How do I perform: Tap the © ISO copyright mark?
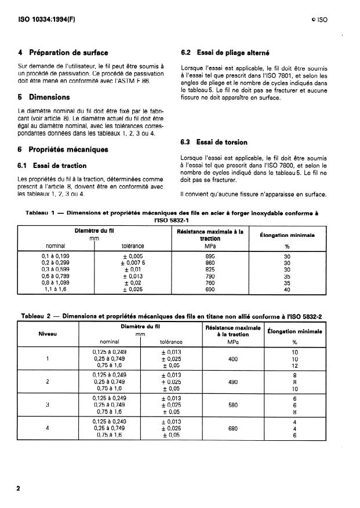319,19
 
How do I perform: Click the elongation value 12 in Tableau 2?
295,366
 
